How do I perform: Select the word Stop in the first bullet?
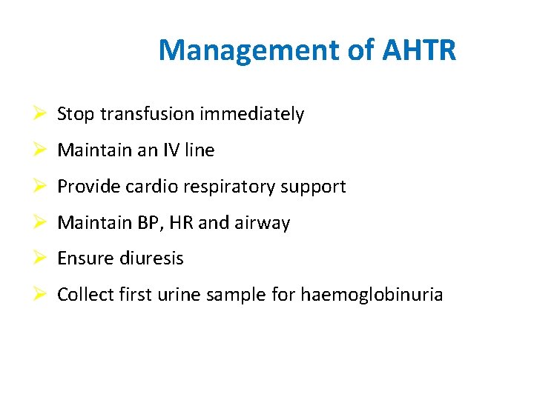(x=76, y=114)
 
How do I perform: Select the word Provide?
(x=87, y=187)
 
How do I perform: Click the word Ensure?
(x=82, y=259)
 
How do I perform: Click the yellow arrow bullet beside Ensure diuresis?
(x=42, y=259)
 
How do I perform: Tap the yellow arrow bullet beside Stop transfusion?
(x=42, y=114)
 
